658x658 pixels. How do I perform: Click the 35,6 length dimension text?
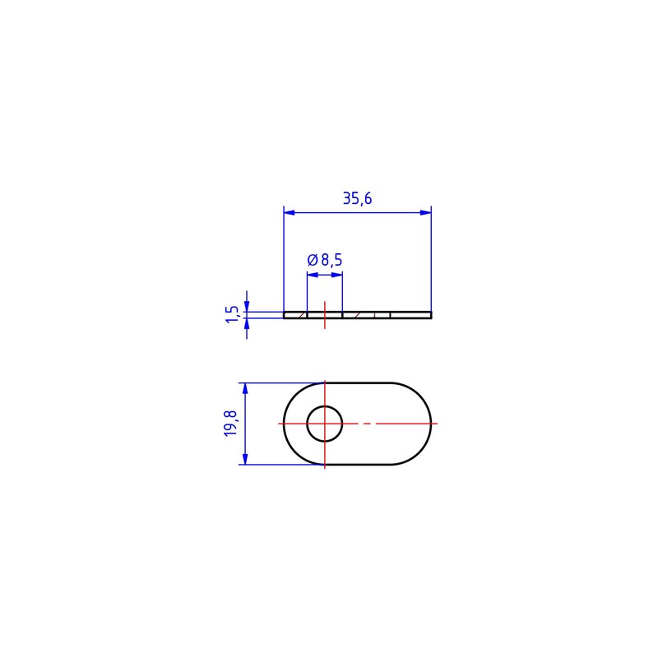(357, 198)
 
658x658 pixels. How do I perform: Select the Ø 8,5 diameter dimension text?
(325, 260)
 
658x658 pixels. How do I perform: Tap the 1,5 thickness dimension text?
(232, 314)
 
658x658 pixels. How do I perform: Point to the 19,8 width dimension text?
(231, 424)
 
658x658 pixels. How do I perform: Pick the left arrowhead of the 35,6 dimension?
(290, 213)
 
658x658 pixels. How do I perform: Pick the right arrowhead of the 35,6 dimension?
(425, 213)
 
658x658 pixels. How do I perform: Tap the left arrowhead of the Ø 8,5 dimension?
(313, 275)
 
